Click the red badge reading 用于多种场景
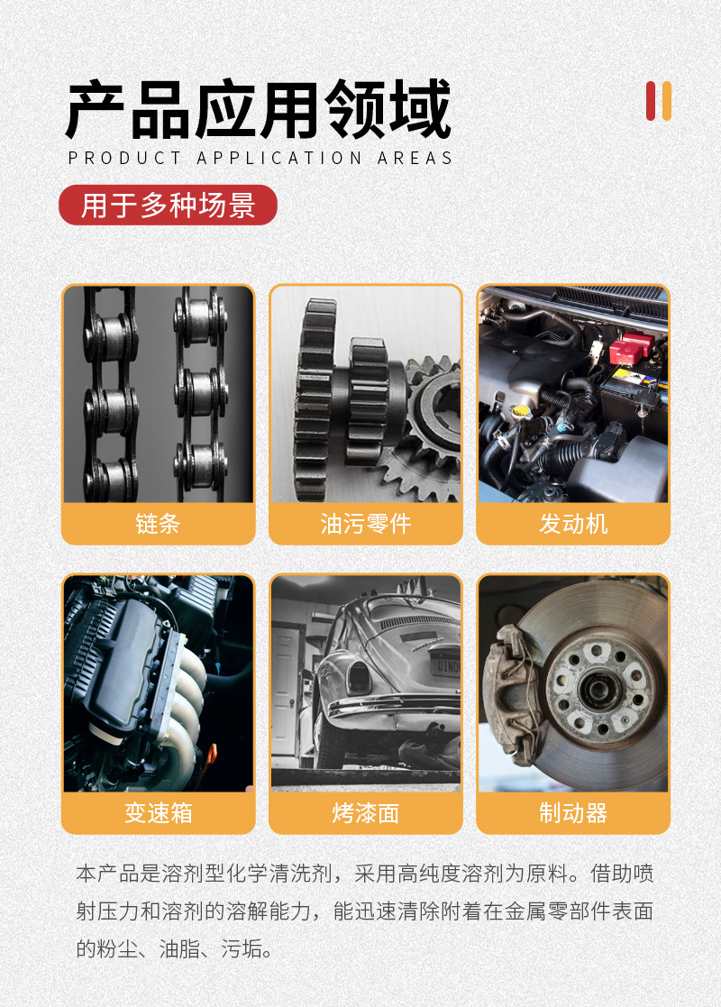168,206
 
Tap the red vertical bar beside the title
651,101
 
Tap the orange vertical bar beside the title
667,101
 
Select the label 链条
158,524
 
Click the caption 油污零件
365,524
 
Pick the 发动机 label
573,524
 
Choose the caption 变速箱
158,813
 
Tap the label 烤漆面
365,813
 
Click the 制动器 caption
573,813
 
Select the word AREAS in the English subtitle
415,158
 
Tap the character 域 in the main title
416,110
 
